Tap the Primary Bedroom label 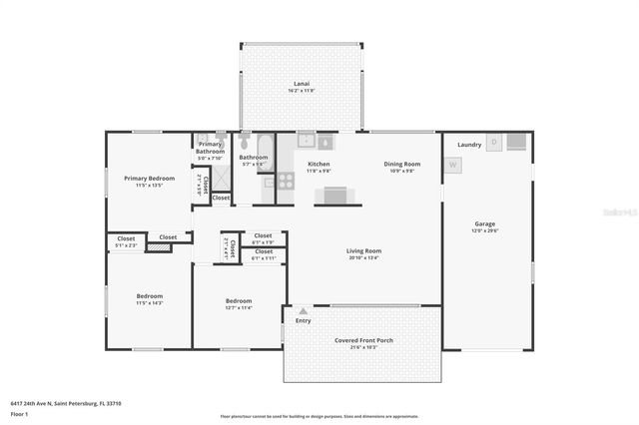[150, 179]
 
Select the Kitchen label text [319, 164]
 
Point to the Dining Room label [402, 164]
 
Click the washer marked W [452, 165]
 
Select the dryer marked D [493, 143]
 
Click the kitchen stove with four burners [286, 182]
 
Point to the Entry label [303, 320]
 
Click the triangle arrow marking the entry [303, 311]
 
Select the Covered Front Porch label [363, 340]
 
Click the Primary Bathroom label [210, 148]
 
